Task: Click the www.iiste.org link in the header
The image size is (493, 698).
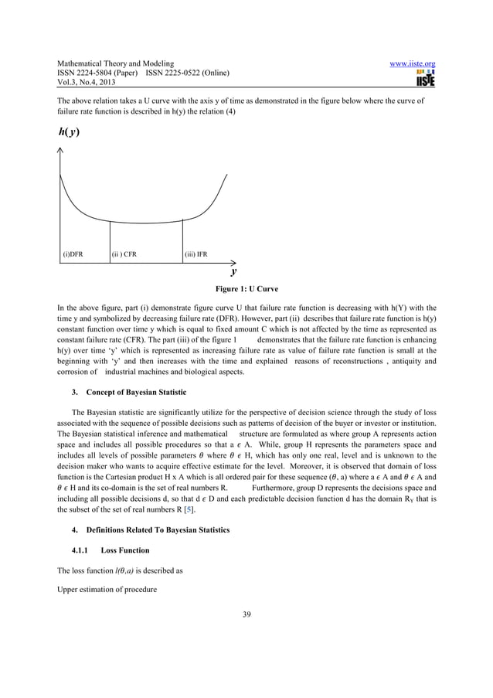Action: pos(414,63)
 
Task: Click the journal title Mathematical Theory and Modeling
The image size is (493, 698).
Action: pos(115,63)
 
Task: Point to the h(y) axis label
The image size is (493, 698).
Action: pos(68,131)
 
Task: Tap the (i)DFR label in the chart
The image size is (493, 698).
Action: pos(73,254)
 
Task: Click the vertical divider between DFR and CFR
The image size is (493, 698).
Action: pos(110,242)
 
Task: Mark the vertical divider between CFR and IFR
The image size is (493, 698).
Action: pos(182,241)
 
